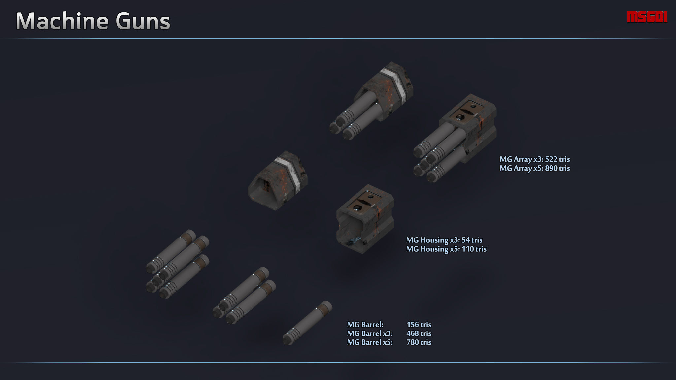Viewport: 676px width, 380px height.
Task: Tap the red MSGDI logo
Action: tap(647, 17)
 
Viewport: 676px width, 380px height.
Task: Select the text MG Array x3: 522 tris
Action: tap(534, 159)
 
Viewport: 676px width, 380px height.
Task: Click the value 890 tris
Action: tap(558, 168)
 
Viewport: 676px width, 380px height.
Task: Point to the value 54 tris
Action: tap(472, 240)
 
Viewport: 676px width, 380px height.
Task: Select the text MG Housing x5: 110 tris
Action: tap(446, 249)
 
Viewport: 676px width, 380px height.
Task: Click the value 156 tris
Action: tap(419, 325)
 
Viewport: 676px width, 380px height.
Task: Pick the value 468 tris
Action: tap(419, 333)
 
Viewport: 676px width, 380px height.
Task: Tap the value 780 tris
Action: tap(419, 342)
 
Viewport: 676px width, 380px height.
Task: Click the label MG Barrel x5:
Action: tap(370, 342)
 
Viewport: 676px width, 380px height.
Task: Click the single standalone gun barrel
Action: tap(307, 323)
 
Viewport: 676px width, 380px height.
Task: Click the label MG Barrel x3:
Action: tap(370, 333)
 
